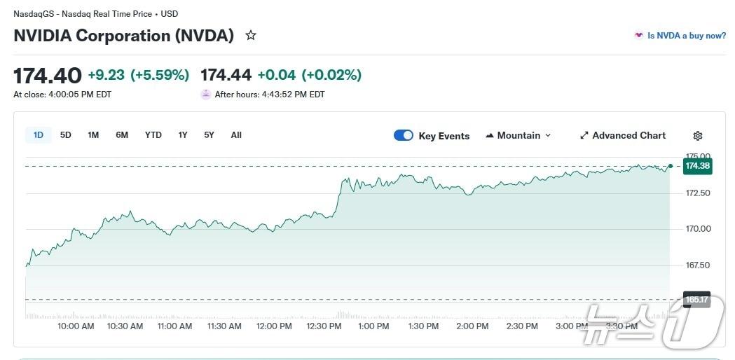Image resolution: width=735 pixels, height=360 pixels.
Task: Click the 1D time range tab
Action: coord(39,135)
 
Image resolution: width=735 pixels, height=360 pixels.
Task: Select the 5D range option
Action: coord(66,135)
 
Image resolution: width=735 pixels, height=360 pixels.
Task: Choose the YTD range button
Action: coord(153,135)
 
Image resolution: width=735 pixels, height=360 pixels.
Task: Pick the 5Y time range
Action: coord(209,135)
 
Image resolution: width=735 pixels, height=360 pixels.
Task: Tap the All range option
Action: coord(236,135)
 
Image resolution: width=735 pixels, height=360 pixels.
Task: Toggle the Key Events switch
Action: coord(404,135)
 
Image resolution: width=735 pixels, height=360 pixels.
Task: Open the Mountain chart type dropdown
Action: coord(518,135)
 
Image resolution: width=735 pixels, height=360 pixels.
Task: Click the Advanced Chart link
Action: coord(623,135)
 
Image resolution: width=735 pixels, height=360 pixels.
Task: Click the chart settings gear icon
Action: coord(697,136)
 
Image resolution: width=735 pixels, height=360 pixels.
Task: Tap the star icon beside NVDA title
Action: coord(251,35)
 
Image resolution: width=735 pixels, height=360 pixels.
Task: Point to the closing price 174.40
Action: coord(48,75)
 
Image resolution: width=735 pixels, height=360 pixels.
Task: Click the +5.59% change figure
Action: coord(160,75)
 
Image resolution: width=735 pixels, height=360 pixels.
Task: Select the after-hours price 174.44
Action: coord(226,75)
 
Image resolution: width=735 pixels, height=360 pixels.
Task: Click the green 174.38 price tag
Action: coord(698,166)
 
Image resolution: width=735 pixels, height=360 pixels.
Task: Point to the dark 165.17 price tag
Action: coord(697,300)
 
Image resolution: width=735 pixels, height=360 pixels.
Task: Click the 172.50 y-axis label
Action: coord(697,193)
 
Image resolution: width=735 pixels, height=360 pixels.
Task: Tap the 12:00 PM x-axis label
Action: coord(275,326)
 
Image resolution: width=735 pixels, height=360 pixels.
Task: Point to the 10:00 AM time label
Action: coord(76,326)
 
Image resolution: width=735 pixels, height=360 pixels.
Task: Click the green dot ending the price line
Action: coord(671,166)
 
